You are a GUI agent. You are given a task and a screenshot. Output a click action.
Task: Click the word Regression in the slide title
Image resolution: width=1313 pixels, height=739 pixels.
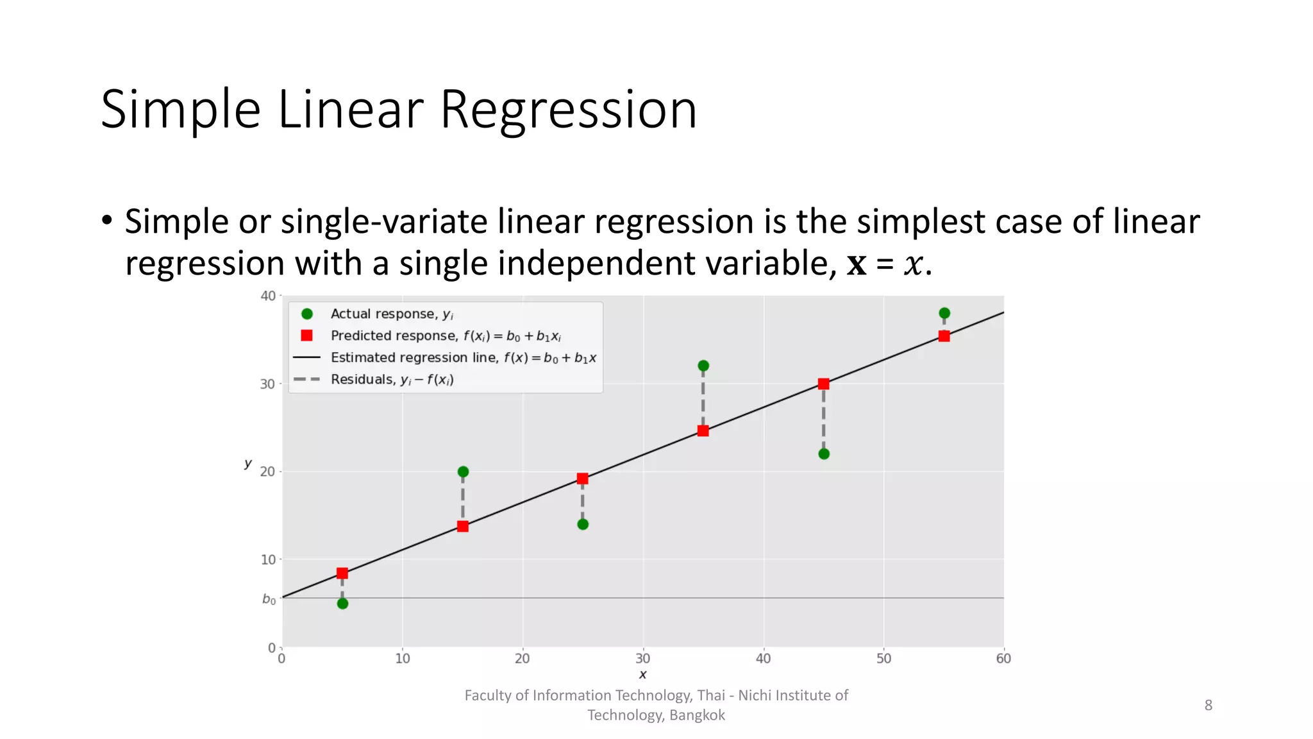click(x=568, y=110)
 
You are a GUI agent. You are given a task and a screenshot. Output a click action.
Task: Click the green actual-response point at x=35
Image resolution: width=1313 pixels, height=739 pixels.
click(x=703, y=366)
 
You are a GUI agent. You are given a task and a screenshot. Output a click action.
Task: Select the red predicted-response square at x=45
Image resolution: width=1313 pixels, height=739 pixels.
click(x=824, y=384)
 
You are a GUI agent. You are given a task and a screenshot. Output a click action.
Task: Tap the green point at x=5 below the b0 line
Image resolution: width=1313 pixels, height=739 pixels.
click(x=342, y=604)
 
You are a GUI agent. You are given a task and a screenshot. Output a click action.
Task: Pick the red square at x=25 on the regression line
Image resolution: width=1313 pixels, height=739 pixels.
click(x=582, y=479)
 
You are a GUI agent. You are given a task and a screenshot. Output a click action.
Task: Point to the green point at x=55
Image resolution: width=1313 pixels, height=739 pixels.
click(x=944, y=313)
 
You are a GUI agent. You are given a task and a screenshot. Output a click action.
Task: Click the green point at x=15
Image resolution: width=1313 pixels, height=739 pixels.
click(x=463, y=471)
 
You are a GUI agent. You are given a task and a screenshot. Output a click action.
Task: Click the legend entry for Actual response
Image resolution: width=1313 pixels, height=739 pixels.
click(x=391, y=314)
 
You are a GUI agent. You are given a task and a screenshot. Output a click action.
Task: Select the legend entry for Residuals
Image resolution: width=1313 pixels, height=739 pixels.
click(x=391, y=379)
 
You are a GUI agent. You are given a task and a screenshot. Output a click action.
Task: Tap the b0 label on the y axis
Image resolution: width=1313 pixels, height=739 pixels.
click(x=269, y=599)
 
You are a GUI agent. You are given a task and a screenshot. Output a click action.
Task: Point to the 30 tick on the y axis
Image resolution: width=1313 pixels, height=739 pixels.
click(x=267, y=384)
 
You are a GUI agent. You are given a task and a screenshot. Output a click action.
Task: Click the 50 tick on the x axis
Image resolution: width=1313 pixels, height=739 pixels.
click(x=883, y=658)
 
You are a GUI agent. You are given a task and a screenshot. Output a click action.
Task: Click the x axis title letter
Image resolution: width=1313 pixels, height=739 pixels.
click(x=642, y=674)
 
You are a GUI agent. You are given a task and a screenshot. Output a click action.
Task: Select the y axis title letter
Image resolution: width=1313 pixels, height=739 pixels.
click(x=248, y=463)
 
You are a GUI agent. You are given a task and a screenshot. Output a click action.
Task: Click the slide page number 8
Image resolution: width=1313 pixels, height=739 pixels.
click(x=1208, y=705)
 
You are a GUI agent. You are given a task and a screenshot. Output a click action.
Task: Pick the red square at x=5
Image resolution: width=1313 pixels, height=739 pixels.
click(x=342, y=573)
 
